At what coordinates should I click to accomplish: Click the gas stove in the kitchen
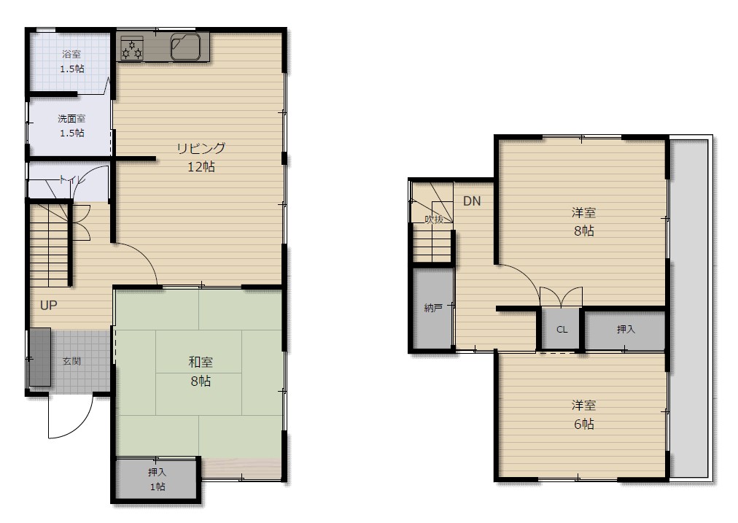[132, 48]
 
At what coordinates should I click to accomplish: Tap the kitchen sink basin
[186, 47]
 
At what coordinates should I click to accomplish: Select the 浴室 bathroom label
[71, 54]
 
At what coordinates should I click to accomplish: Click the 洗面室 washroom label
[71, 119]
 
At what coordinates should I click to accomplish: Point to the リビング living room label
[201, 148]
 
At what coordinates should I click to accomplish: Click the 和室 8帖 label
[201, 371]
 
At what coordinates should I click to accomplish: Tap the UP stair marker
[48, 306]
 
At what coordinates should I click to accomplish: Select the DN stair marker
[472, 201]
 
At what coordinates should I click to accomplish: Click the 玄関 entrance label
[71, 361]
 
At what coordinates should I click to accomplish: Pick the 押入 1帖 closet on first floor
[157, 479]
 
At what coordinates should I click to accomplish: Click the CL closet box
[562, 329]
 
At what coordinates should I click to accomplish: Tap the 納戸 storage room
[432, 309]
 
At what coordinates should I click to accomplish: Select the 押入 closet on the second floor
[626, 329]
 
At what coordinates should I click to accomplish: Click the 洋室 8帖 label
[583, 222]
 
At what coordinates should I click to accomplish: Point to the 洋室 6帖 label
[583, 415]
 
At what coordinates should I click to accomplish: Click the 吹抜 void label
[434, 219]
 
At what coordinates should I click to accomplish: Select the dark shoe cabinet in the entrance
[40, 357]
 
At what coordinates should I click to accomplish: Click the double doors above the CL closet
[561, 297]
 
